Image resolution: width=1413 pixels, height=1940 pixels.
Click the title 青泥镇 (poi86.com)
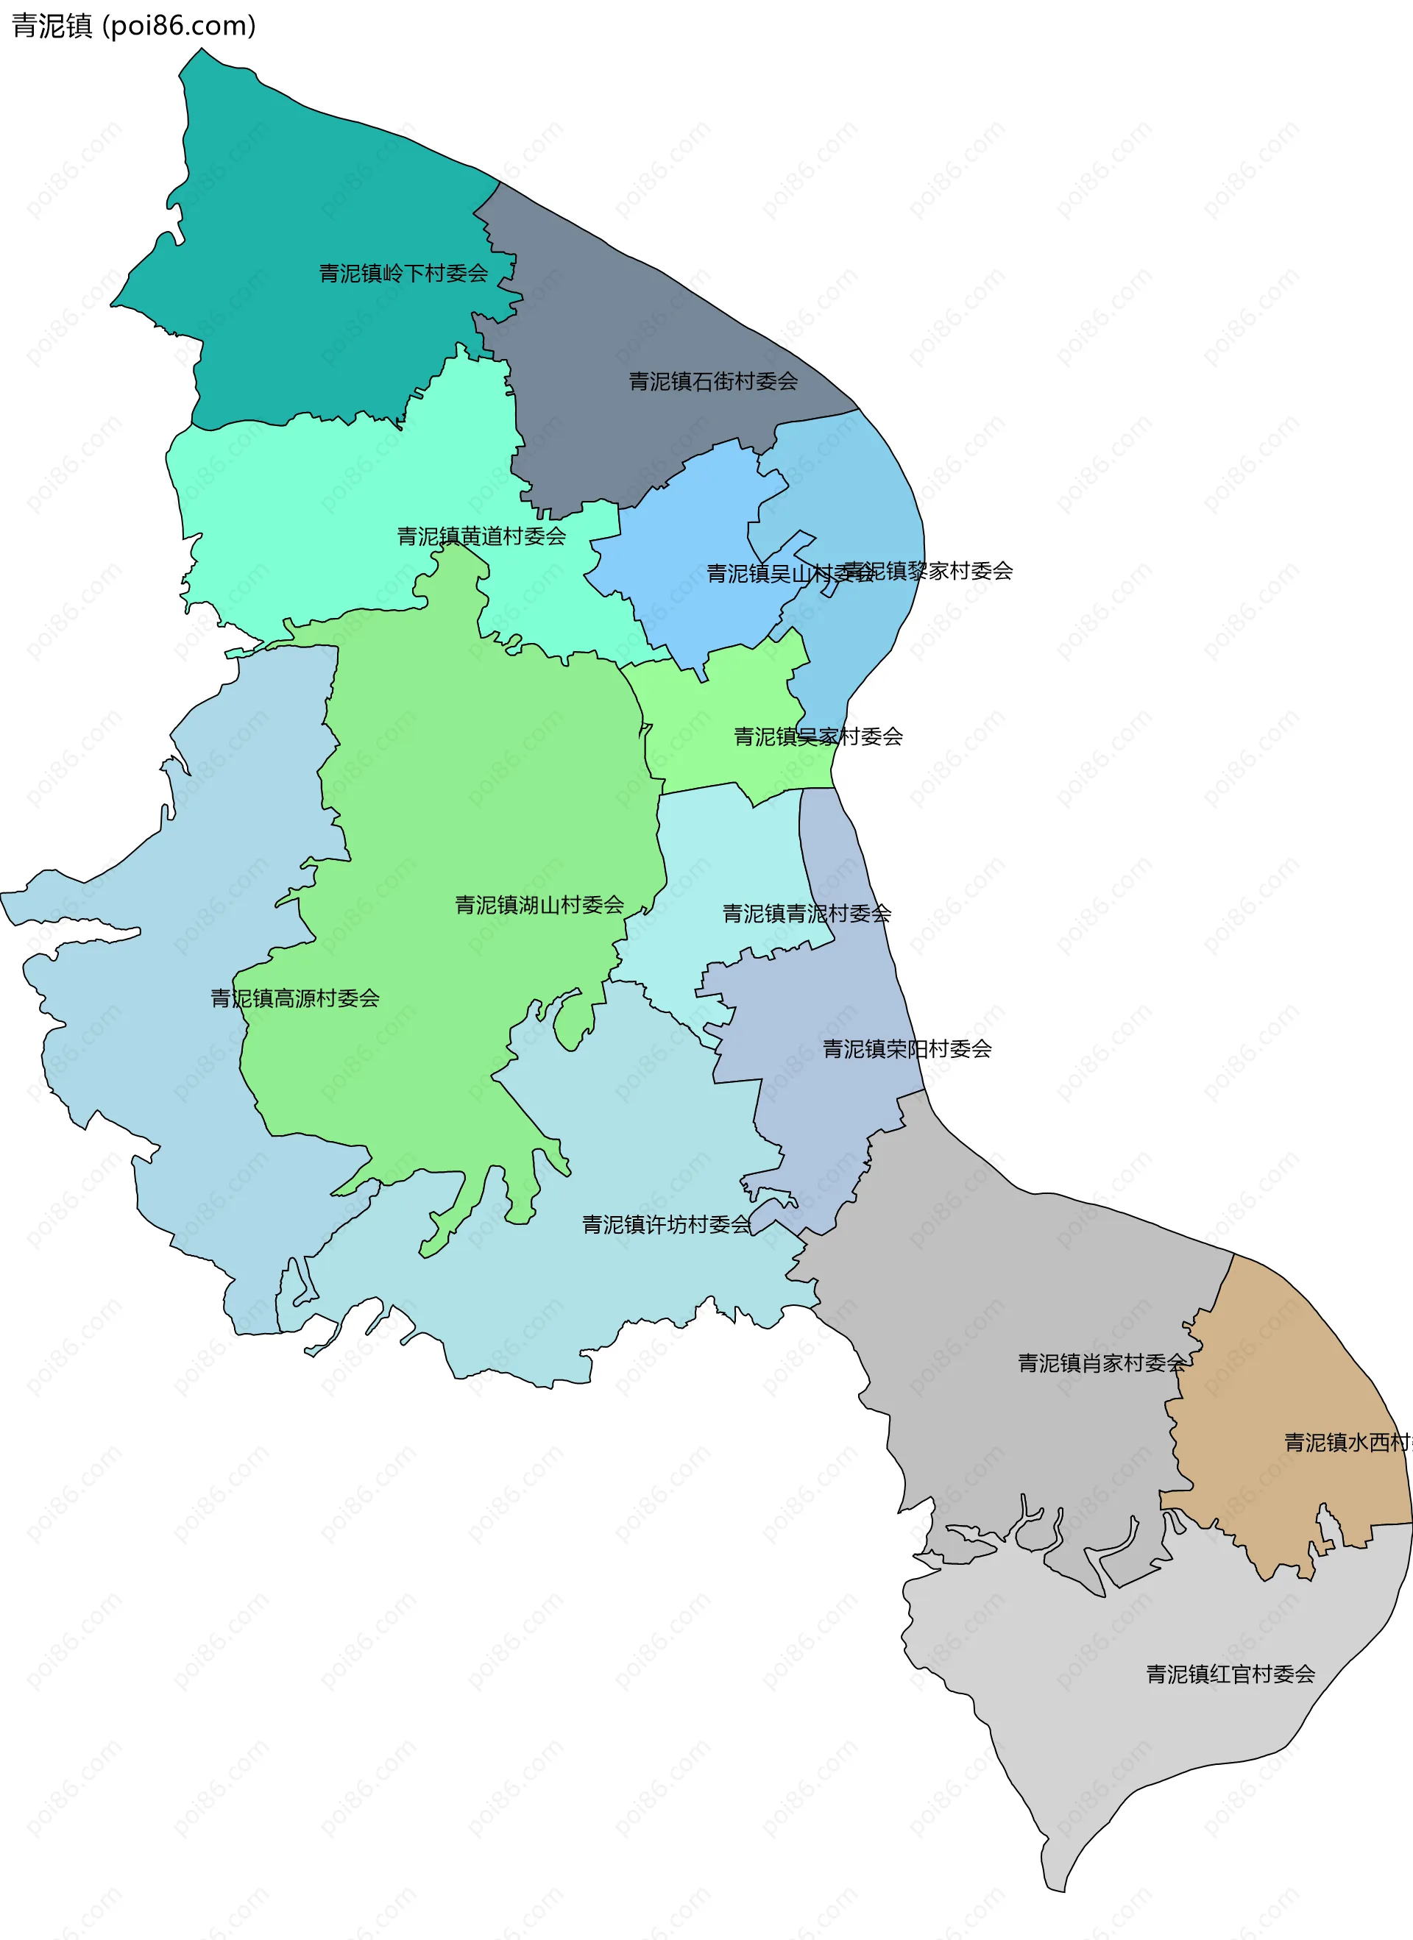click(x=133, y=26)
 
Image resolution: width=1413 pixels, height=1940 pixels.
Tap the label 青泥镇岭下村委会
click(x=403, y=274)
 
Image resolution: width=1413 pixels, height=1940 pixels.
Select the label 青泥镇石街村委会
click(x=713, y=382)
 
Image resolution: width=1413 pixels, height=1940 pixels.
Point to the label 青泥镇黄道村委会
click(x=481, y=536)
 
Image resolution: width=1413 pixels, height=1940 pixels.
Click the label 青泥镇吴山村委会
click(x=771, y=573)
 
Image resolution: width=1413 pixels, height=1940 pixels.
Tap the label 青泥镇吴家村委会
click(x=818, y=736)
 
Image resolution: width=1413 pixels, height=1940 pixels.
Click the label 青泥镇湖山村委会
click(x=539, y=905)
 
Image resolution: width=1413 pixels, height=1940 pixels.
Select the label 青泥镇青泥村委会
click(x=806, y=914)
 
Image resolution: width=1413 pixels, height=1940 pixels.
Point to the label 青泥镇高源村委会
click(x=295, y=998)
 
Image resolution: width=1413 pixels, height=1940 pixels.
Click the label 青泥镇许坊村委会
click(x=666, y=1225)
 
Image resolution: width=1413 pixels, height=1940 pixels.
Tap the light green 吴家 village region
click(x=719, y=701)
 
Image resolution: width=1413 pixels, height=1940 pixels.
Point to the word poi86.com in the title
click(x=180, y=26)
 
